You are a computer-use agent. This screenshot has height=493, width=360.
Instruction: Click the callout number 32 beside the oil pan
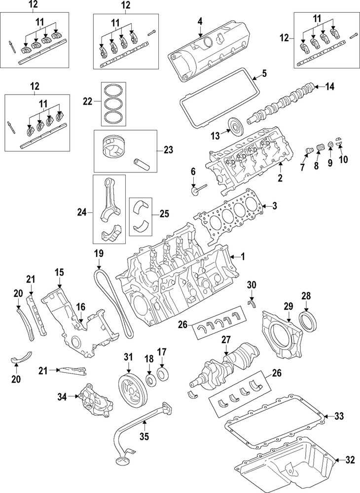coord(350,461)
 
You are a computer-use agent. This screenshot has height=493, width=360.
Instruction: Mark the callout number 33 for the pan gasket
coord(338,416)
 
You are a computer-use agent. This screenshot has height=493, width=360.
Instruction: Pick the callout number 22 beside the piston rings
coord(87,101)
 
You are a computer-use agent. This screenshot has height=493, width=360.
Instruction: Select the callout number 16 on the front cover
coord(80,306)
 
